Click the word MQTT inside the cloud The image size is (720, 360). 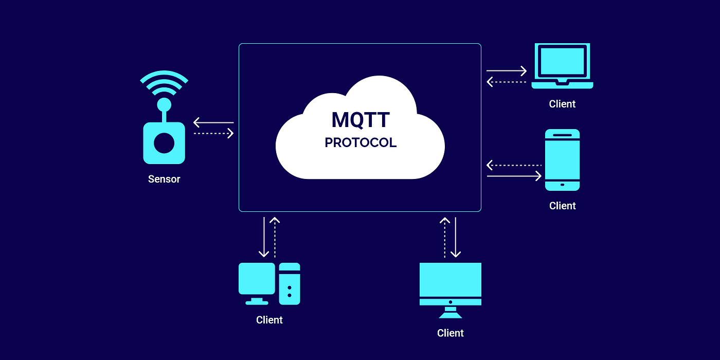pos(360,119)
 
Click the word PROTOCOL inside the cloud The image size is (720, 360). pos(360,142)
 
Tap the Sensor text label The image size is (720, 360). pos(164,179)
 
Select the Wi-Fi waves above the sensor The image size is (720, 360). pos(164,82)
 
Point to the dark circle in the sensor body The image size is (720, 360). pos(164,143)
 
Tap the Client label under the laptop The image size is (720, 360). pos(562,104)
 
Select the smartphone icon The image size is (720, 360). pos(562,159)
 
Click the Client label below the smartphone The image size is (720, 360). pos(562,206)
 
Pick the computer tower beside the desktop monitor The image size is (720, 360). pos(290,283)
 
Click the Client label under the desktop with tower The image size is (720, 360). pos(269,320)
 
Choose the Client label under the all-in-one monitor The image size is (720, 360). pos(451,333)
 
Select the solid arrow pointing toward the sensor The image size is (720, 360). pos(213,122)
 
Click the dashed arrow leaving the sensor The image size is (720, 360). pos(213,134)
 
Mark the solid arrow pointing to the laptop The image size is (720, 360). pos(507,70)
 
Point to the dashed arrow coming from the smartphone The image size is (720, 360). pos(514,165)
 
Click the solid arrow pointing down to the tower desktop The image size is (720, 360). pos(264,237)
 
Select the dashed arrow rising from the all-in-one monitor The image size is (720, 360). pos(445,237)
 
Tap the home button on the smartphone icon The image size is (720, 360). pos(562,185)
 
